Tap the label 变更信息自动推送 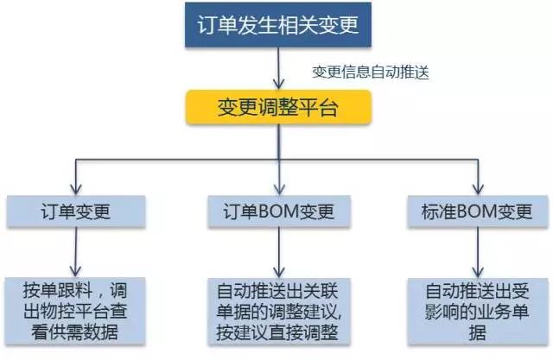coord(371,73)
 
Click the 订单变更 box coord(76,211)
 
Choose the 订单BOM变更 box coord(276,211)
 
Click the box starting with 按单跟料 coord(76,308)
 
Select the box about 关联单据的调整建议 coord(276,308)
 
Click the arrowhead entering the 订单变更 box coord(76,188)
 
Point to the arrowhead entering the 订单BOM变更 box coord(276,188)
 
